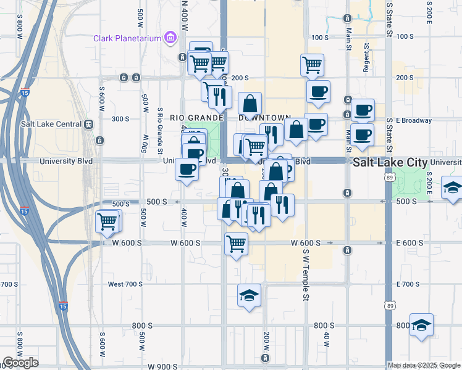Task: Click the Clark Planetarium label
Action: click(127, 38)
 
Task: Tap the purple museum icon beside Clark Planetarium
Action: click(170, 39)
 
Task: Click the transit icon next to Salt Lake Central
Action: click(90, 124)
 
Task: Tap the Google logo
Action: click(20, 363)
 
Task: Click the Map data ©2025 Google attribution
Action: click(423, 365)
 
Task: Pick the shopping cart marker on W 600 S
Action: click(236, 244)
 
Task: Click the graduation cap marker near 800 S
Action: click(421, 325)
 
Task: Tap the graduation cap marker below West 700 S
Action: click(249, 295)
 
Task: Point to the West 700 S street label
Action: click(125, 284)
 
